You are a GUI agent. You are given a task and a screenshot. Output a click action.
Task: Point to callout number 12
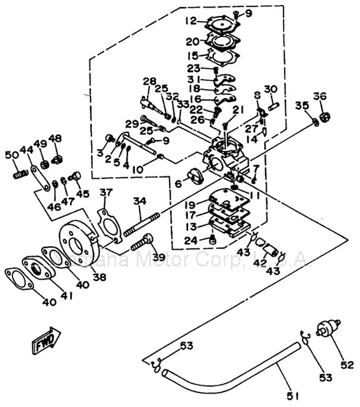point(191,20)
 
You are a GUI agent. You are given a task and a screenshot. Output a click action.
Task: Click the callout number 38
point(99,278)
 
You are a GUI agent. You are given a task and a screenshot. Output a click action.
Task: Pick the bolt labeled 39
point(143,242)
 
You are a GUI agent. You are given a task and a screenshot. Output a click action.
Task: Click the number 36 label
point(319,97)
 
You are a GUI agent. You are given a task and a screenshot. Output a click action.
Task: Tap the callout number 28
point(149,81)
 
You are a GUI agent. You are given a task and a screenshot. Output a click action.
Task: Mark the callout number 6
point(178,183)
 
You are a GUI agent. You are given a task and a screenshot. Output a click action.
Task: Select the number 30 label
point(271,88)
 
